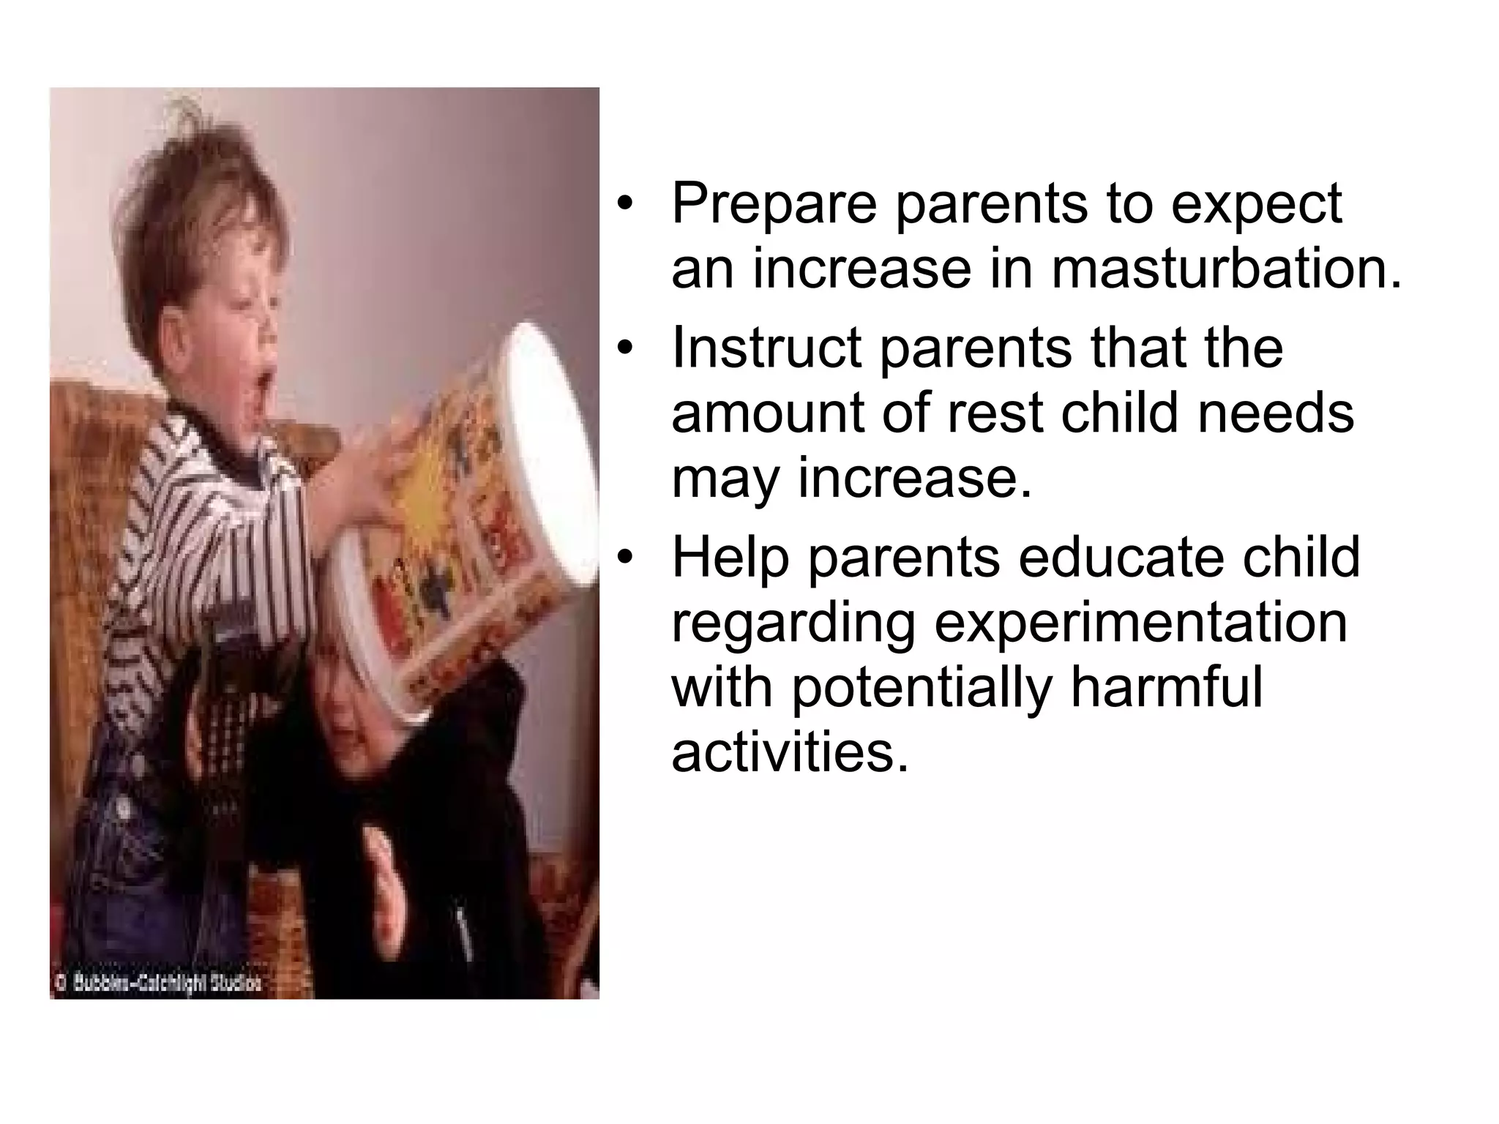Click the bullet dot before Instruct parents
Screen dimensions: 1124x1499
(623, 348)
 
